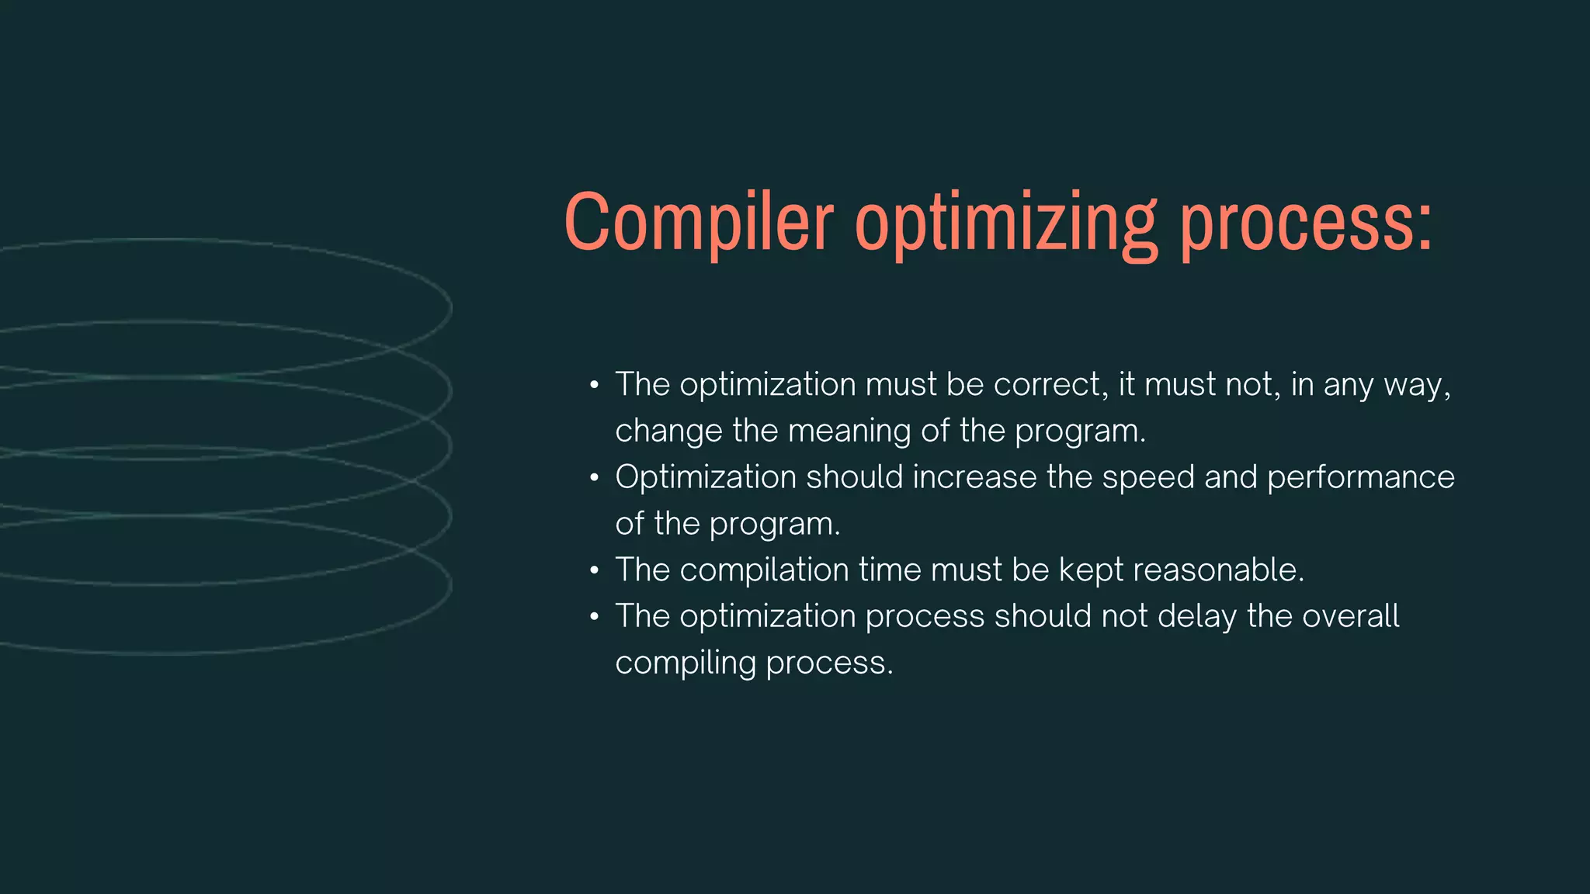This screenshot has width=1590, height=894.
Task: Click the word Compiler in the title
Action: point(699,223)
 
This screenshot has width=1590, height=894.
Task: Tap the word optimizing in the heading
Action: point(1006,225)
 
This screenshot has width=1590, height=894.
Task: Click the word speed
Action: point(1148,478)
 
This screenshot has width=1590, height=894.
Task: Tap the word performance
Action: point(1360,478)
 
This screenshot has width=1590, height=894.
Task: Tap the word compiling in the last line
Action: point(686,664)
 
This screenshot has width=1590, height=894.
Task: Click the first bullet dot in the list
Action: point(594,386)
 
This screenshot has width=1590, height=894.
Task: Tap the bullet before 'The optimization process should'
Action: point(594,618)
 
